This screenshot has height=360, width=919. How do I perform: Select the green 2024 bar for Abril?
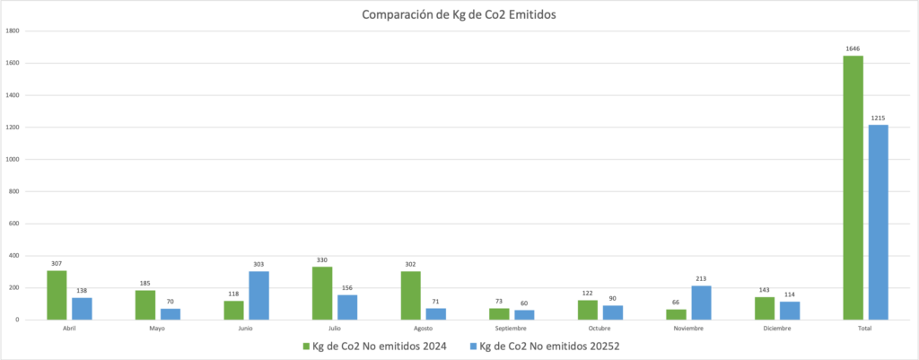57,295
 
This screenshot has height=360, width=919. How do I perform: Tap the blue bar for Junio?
258,295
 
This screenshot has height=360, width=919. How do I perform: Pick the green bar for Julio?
322,294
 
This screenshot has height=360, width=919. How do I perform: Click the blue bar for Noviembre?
701,303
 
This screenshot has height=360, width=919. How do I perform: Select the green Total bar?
853,188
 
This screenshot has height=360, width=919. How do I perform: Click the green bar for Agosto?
410,295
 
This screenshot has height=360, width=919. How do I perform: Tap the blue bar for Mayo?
171,314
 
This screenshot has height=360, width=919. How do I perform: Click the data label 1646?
853,48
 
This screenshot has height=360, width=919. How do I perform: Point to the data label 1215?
878,118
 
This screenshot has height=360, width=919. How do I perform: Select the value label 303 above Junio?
258,264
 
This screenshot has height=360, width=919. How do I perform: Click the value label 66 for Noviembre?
676,302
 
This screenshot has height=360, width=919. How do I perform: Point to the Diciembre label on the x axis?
777,329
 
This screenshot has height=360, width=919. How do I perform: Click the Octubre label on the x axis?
600,329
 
